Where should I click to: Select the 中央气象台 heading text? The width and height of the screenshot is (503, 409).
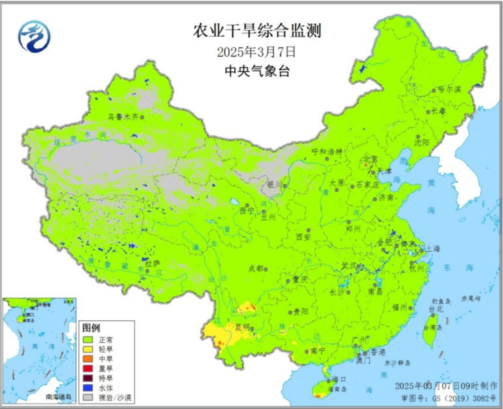257,71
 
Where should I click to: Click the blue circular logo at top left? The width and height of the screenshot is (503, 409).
34,37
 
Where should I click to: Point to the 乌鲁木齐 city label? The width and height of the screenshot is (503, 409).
123,117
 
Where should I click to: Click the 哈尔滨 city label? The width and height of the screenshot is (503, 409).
449,89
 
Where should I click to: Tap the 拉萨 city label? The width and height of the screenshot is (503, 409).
152,264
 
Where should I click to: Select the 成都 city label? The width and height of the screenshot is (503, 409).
256,268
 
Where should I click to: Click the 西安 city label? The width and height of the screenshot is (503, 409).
303,237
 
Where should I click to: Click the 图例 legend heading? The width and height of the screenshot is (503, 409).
91,328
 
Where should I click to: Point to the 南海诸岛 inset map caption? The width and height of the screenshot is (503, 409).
59,397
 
